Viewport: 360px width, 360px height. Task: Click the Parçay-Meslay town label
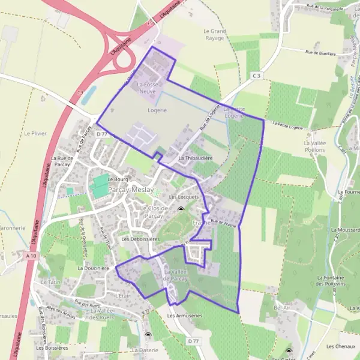point(131,190)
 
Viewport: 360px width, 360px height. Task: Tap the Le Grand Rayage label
point(214,34)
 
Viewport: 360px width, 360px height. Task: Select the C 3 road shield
point(257,76)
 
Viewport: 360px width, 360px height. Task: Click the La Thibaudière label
point(196,158)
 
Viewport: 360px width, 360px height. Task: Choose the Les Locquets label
point(184,197)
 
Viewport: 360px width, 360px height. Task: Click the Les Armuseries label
point(185,316)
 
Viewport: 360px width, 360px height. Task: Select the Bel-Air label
point(281,307)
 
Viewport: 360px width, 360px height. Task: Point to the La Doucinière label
point(91,268)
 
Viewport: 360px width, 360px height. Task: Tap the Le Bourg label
point(118,179)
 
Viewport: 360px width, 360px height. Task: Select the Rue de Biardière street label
point(320,53)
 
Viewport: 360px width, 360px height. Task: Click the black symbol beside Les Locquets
point(181,209)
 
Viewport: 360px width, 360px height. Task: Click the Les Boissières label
point(52,347)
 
